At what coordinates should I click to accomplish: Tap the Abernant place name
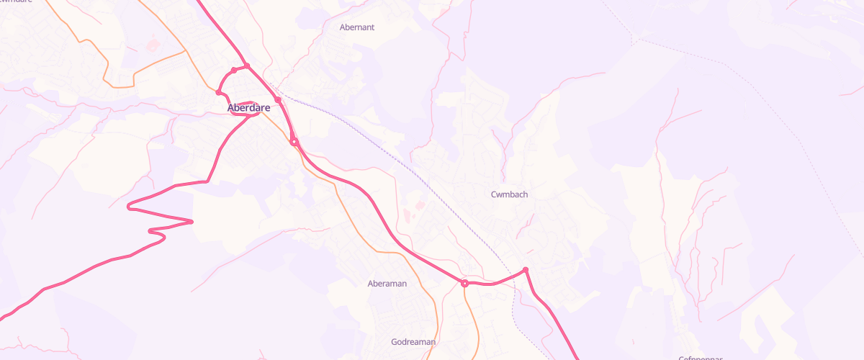click(357, 27)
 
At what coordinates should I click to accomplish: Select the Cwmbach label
click(510, 194)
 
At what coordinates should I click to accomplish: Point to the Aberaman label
click(387, 284)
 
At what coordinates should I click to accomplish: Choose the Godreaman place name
click(413, 342)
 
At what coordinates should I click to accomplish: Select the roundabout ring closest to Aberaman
click(465, 284)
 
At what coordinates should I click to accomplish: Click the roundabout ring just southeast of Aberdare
click(294, 142)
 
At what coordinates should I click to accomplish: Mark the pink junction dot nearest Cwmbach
click(526, 270)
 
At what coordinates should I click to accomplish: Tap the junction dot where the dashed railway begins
click(277, 100)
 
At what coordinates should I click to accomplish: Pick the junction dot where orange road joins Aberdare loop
click(218, 92)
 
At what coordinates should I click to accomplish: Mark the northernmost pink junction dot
click(246, 66)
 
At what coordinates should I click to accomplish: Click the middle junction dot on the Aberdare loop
click(233, 71)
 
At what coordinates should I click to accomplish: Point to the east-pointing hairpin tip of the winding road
click(192, 222)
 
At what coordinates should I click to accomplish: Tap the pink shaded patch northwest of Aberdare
click(151, 45)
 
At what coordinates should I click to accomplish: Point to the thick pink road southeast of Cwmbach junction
click(554, 317)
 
